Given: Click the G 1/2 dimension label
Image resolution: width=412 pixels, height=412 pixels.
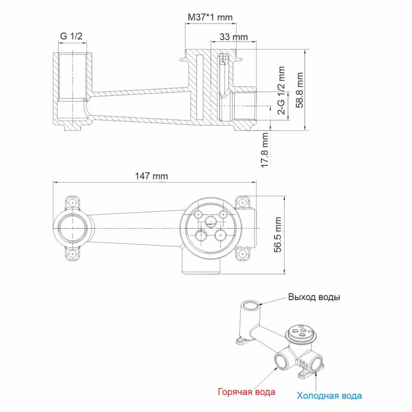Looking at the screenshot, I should click(x=72, y=36).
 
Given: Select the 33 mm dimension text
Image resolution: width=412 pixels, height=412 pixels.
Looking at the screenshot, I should click(x=233, y=37).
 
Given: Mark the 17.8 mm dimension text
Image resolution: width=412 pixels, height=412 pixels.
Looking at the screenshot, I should click(x=265, y=150).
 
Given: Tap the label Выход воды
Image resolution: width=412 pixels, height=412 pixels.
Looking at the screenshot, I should click(x=314, y=297).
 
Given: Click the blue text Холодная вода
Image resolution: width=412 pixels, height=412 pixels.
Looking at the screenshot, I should click(x=329, y=396).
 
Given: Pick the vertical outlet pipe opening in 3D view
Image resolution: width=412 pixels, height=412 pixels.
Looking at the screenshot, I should click(x=250, y=305).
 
